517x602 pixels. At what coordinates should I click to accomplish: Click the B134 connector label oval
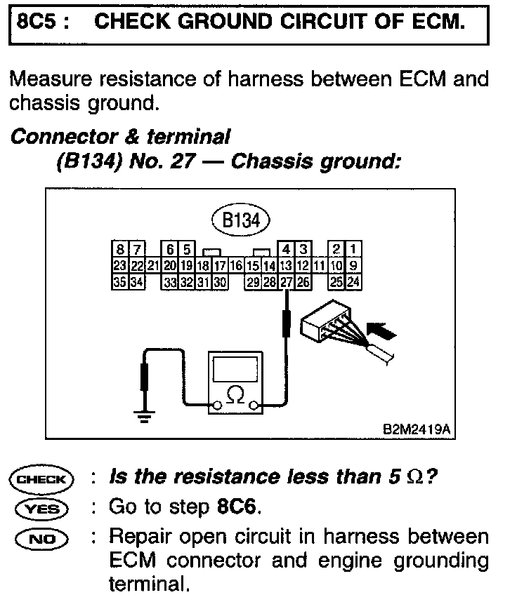[241, 221]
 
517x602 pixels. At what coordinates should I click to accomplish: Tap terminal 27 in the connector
[286, 282]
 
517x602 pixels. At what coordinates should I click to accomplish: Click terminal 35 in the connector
[120, 282]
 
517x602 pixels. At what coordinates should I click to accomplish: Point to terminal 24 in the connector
[353, 282]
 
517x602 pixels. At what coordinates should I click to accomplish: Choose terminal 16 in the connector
[236, 266]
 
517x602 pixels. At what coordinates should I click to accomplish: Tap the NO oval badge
[41, 538]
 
